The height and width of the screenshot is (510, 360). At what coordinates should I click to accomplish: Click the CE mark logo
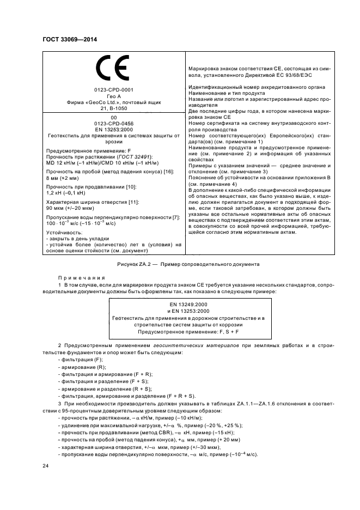click(113, 70)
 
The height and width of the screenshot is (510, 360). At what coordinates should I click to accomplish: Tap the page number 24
click(46, 465)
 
